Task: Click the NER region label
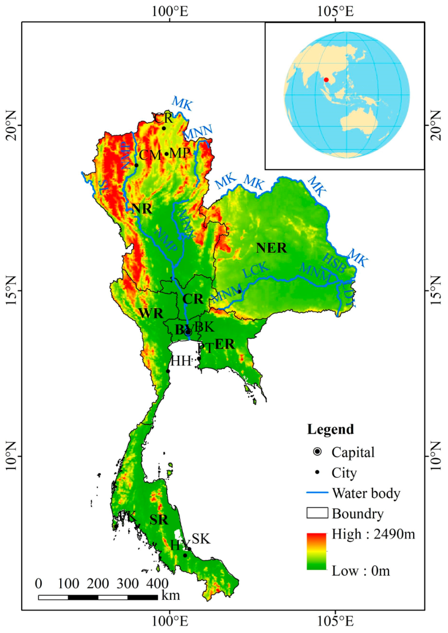[272, 248]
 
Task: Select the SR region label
[159, 520]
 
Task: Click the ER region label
[225, 344]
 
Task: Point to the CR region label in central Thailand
[193, 299]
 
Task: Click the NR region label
[142, 209]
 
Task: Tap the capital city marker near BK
[188, 332]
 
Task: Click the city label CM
[150, 155]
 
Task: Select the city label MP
[179, 153]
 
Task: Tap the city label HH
[180, 361]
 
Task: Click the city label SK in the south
[201, 538]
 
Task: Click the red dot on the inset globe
[326, 80]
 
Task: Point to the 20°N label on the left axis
[11, 125]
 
